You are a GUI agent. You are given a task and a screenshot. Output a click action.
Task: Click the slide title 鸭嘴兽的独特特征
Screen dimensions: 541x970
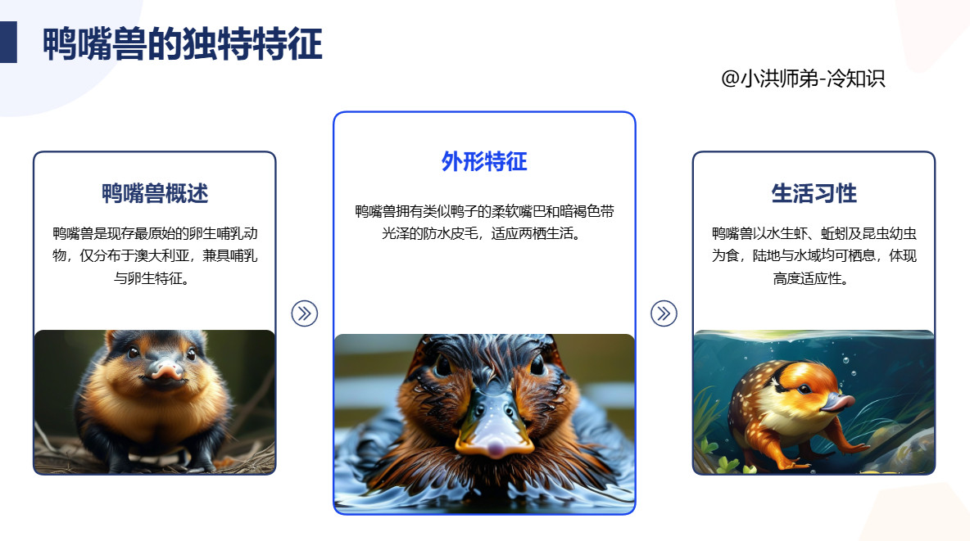(x=182, y=45)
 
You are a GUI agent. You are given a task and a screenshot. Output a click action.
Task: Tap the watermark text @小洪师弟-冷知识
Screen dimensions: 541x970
(x=803, y=79)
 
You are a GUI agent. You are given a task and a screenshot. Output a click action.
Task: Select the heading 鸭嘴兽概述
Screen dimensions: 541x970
(x=155, y=194)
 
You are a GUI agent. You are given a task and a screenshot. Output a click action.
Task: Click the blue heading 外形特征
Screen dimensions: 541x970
(x=484, y=161)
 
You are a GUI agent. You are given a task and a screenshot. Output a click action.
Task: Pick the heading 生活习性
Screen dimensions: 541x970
(x=814, y=194)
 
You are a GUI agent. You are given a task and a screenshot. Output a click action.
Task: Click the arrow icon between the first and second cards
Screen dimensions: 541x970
(x=304, y=313)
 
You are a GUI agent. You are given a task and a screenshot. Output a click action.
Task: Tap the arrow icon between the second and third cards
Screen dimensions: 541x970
(x=664, y=313)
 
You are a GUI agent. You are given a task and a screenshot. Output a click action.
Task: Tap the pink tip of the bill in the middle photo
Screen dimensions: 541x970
(x=494, y=447)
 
